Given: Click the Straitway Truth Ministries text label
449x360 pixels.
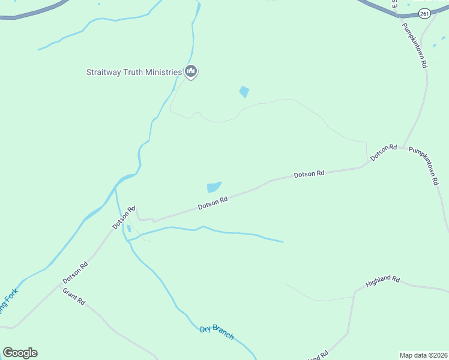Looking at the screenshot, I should [133, 73].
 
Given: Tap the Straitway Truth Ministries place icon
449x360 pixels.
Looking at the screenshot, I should [191, 72].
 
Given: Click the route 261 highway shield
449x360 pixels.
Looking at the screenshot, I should [424, 13].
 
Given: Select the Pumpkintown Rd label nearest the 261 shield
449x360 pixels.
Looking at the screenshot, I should [414, 44].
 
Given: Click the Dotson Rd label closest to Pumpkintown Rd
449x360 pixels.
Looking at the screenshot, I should [384, 152].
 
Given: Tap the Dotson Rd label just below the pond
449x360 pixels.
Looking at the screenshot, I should [213, 203].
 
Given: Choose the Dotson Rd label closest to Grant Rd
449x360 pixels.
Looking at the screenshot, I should [76, 271].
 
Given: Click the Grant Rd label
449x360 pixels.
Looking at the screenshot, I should [74, 296].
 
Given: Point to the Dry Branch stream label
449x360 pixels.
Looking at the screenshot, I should [217, 332].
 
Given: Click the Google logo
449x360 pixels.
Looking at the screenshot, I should [20, 353].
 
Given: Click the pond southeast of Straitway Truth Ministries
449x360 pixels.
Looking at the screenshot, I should [244, 92].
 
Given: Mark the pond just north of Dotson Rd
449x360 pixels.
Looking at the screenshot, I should [214, 187].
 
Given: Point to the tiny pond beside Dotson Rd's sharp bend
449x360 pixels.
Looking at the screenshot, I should [129, 229].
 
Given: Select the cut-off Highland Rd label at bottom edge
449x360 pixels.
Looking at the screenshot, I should [318, 356].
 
